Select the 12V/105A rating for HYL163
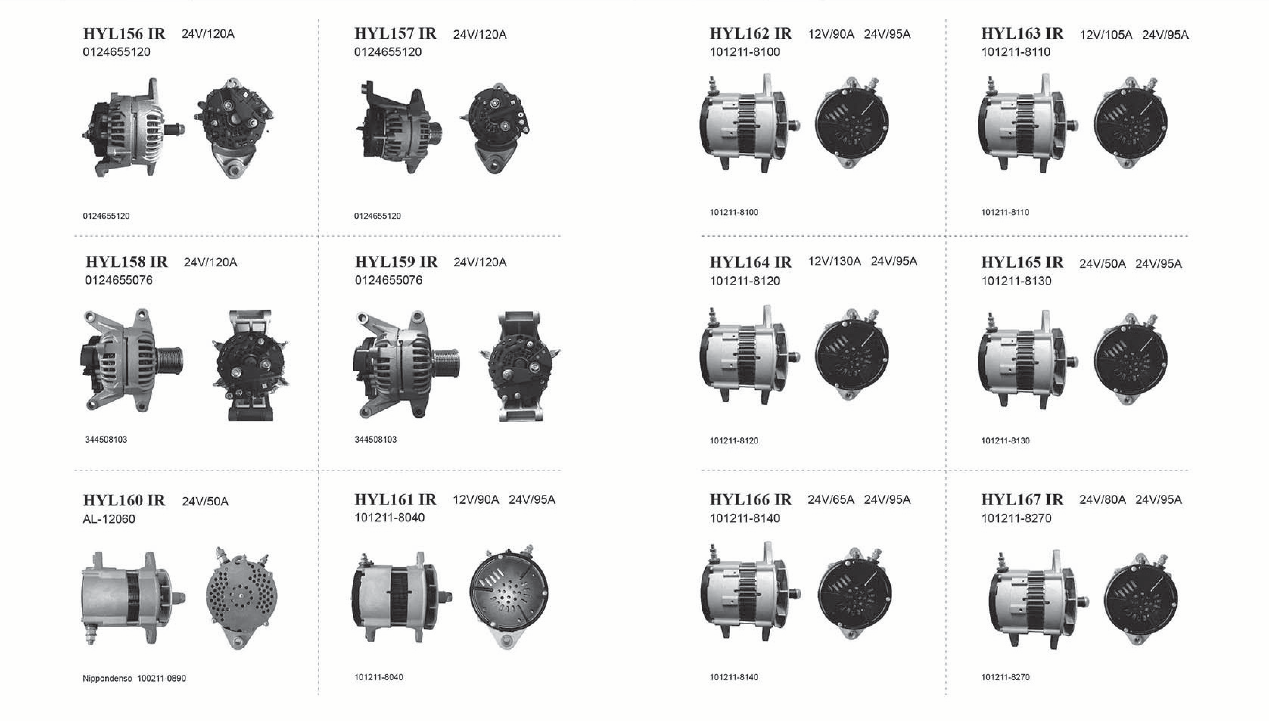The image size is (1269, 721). tap(1106, 35)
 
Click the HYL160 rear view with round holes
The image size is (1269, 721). tap(242, 597)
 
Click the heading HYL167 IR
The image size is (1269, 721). tap(1022, 500)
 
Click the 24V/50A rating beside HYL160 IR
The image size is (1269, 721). tap(205, 502)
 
